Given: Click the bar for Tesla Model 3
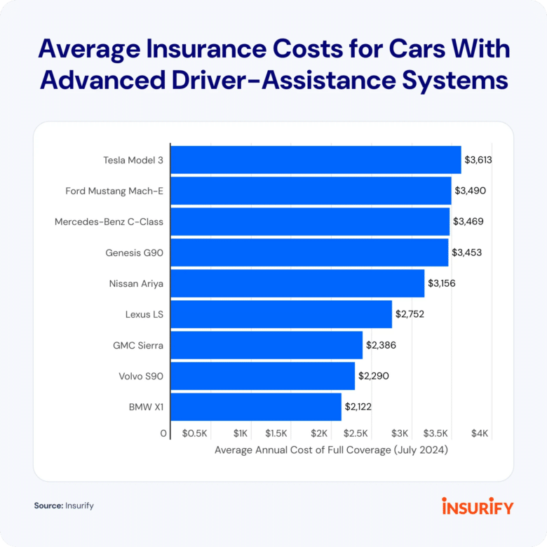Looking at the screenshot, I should [x=316, y=160].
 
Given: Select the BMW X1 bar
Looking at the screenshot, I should [x=256, y=407].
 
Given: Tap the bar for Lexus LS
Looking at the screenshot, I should [x=281, y=314].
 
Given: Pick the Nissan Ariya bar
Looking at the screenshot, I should [x=297, y=283].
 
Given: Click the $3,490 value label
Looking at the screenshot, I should [x=470, y=191].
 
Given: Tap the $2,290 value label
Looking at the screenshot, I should [x=374, y=376].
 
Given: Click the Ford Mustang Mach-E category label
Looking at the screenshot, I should [x=114, y=191].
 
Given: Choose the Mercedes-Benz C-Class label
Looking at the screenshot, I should [x=109, y=222].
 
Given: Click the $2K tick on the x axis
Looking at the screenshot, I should [x=320, y=434].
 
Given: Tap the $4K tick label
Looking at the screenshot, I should [x=480, y=434].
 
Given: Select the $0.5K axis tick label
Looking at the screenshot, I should [x=195, y=434].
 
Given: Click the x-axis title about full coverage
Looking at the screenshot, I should [x=331, y=450].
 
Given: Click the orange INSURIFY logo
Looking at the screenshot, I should [x=478, y=506].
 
